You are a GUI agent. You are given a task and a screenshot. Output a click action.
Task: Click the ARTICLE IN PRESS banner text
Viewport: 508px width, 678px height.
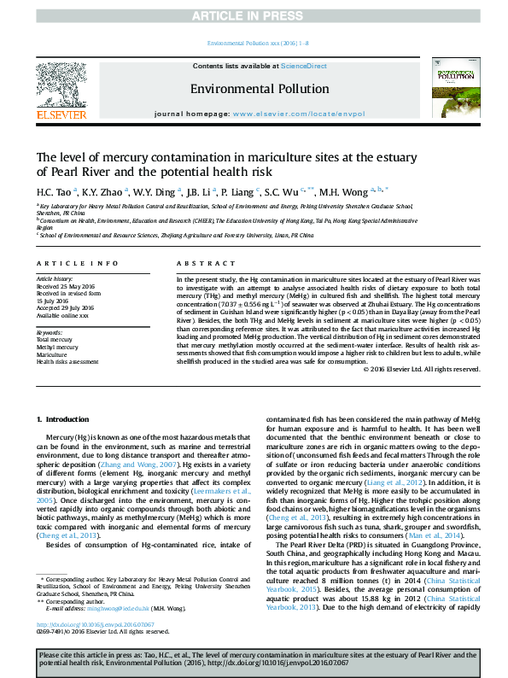pyautogui.click(x=254, y=16)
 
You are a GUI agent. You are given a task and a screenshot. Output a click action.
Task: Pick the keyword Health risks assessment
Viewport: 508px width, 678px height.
pyautogui.click(x=66, y=361)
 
